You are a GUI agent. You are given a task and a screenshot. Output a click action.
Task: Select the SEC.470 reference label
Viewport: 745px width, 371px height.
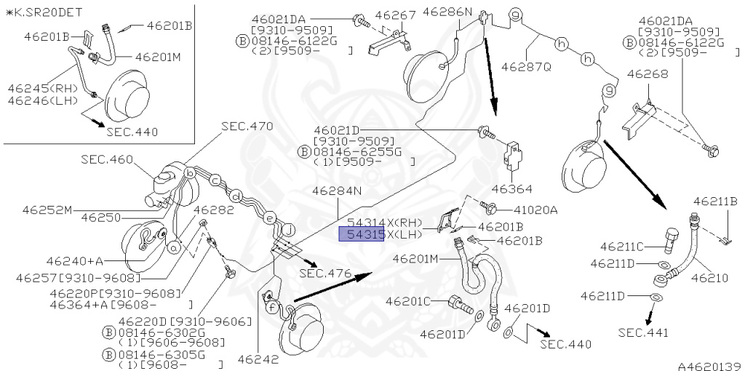pyautogui.click(x=247, y=127)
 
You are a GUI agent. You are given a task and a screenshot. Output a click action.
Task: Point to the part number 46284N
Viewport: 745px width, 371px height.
pyautogui.click(x=337, y=191)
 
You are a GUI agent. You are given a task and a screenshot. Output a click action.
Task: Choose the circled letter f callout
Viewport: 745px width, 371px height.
pyautogui.click(x=271, y=307)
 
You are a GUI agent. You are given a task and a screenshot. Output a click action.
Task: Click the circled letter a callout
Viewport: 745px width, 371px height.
pyautogui.click(x=175, y=247)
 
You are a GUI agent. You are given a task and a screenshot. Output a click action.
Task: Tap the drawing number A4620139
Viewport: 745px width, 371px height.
pyautogui.click(x=709, y=366)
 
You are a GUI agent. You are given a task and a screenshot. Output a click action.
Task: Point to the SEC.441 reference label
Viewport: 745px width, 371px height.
pyautogui.click(x=643, y=332)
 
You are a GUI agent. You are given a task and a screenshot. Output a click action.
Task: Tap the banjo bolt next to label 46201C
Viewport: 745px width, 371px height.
pyautogui.click(x=461, y=305)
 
